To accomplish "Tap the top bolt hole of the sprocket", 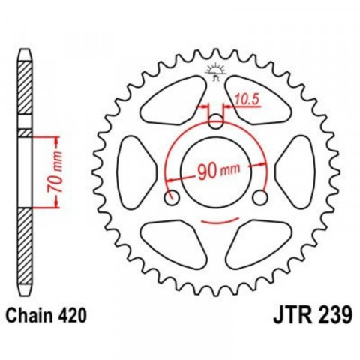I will [217, 121].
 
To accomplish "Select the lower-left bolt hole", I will [172, 198].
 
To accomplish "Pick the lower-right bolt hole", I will [261, 198].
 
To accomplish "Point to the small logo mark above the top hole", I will [217, 71].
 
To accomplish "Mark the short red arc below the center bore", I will [217, 220].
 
